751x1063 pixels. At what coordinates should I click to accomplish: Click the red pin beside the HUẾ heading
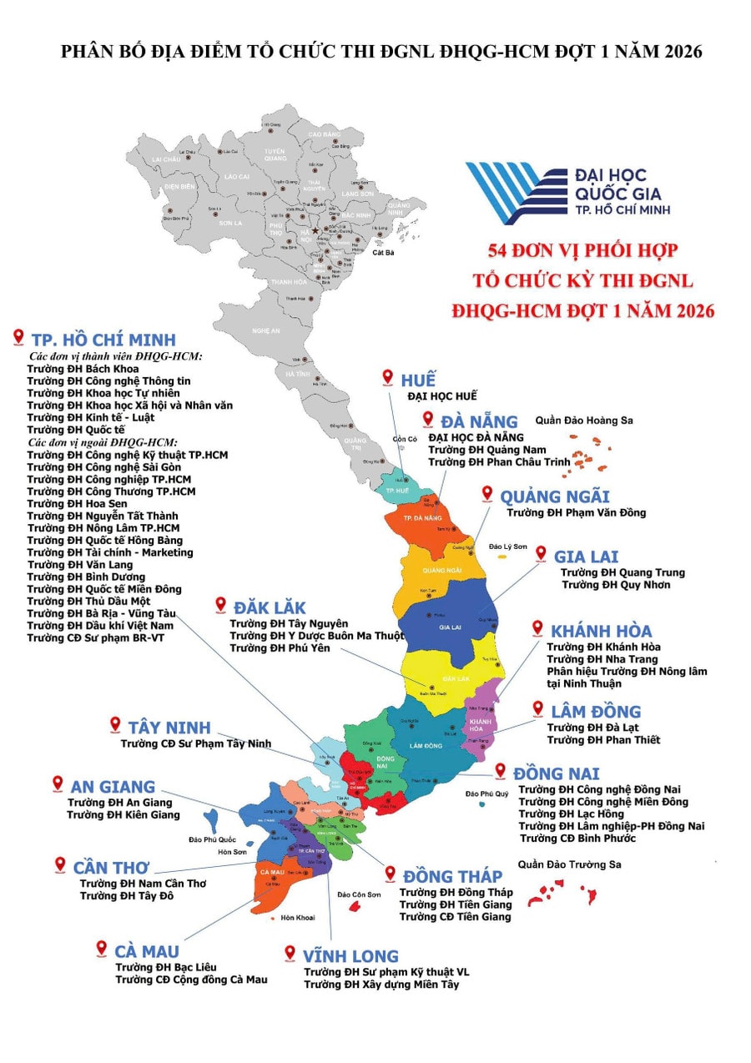(387, 377)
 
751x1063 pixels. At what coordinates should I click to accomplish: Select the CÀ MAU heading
(147, 951)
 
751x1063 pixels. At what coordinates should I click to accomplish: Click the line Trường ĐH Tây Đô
(131, 895)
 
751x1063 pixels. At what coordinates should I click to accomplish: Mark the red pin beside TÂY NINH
(115, 725)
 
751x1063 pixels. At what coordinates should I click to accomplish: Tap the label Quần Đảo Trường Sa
(569, 864)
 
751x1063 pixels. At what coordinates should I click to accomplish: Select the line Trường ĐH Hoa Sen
(75, 504)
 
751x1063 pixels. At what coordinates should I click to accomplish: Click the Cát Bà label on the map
(383, 252)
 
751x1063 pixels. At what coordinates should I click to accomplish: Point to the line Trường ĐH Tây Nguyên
(289, 623)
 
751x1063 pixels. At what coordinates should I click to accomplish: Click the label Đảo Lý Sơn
(507, 547)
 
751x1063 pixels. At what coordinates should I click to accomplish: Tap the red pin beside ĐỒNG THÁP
(389, 874)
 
